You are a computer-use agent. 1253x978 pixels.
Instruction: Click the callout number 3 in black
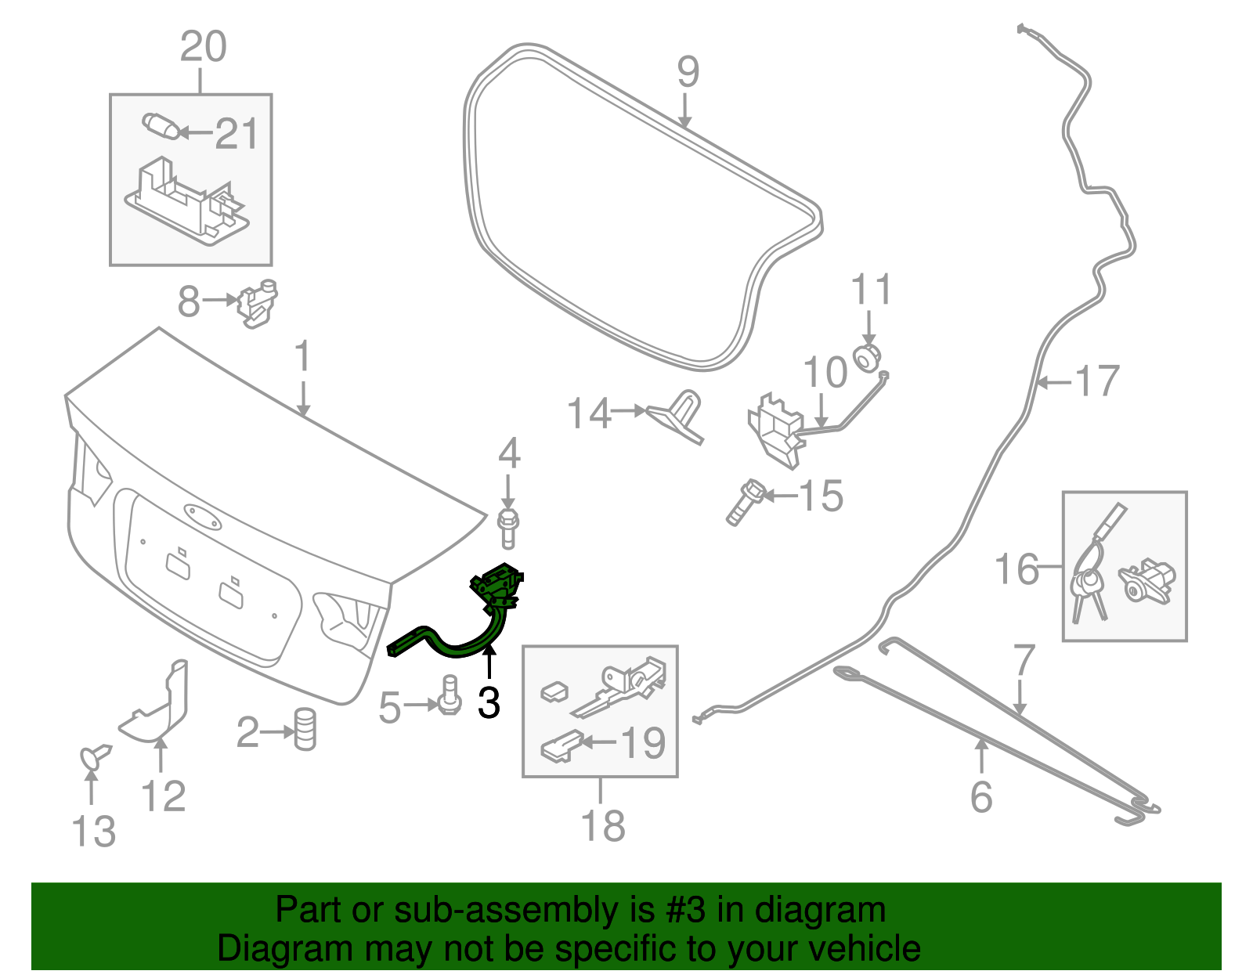(489, 702)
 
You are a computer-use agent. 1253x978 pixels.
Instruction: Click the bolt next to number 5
(450, 695)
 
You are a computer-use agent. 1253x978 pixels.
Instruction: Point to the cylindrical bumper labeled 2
(305, 730)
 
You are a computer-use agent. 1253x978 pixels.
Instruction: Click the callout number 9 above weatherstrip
(688, 72)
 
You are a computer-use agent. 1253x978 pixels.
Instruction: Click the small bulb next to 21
(160, 125)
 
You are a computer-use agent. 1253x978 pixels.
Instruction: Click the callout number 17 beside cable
(1096, 381)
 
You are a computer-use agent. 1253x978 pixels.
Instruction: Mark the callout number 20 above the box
(203, 47)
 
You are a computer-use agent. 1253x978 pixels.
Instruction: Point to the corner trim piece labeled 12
(161, 705)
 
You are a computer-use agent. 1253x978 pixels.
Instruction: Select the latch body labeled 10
(775, 431)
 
